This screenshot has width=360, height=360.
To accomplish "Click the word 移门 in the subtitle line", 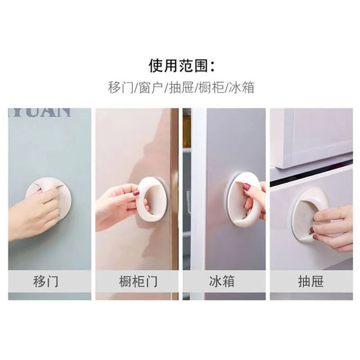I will click(120, 87).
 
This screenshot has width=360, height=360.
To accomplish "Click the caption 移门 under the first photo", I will click(46, 282).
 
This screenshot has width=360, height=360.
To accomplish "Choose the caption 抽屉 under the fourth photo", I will click(311, 282).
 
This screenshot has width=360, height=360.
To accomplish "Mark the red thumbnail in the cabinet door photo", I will click(136, 193).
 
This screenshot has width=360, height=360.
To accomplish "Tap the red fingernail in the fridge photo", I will click(247, 186).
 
